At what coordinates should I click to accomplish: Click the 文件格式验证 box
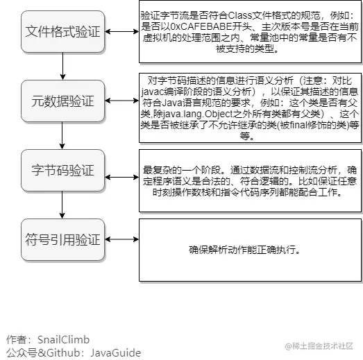click(x=62, y=31)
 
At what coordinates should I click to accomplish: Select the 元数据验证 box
click(x=62, y=101)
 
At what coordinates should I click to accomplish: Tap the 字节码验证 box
click(x=62, y=170)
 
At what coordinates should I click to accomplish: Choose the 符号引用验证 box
click(x=62, y=240)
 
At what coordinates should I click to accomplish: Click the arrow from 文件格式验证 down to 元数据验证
click(x=62, y=66)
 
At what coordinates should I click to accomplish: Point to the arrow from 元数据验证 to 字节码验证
click(x=62, y=135)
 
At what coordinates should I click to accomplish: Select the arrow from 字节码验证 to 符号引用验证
click(x=62, y=205)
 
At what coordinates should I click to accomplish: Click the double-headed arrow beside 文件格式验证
click(x=121, y=31)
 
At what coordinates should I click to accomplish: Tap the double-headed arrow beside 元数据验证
click(x=121, y=101)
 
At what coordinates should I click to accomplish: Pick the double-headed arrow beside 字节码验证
click(x=121, y=177)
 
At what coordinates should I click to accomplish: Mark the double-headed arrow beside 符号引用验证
click(x=121, y=239)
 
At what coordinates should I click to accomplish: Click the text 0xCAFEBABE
click(x=201, y=27)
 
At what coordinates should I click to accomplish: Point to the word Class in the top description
click(x=240, y=15)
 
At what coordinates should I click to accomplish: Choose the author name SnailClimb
click(x=63, y=340)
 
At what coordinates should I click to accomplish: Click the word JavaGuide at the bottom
click(x=115, y=353)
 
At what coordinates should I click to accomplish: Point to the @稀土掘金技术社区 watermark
click(x=319, y=346)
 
